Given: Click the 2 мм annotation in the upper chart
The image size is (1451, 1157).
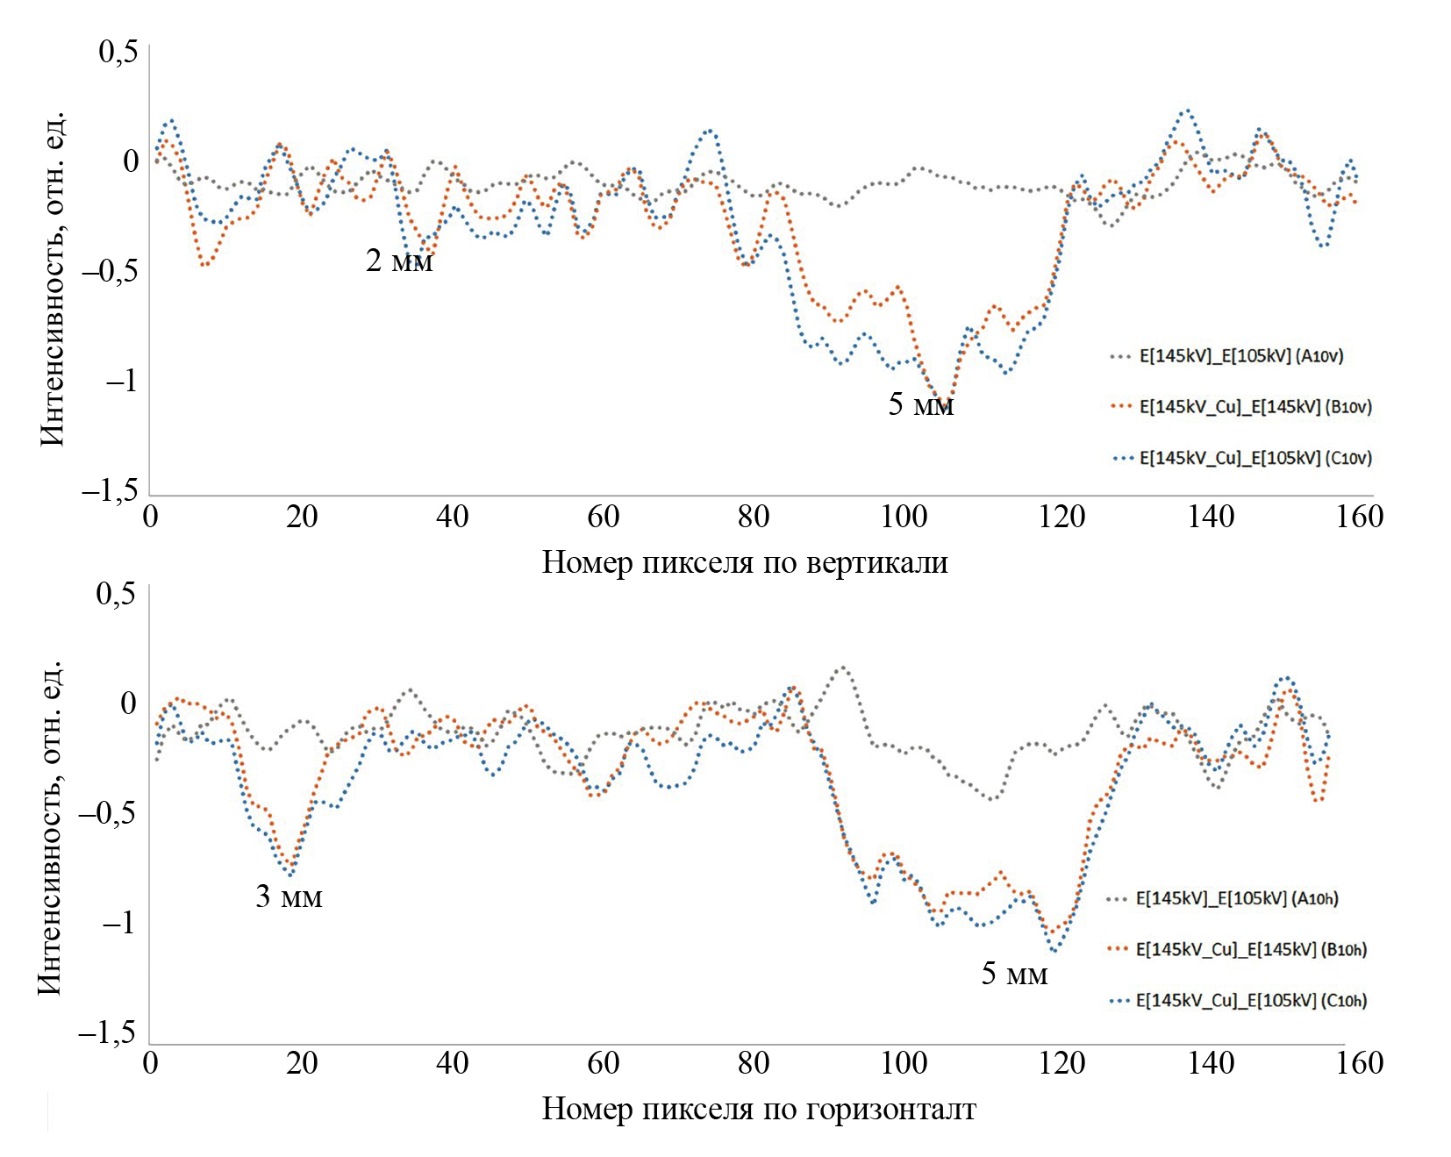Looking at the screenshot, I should click(x=399, y=261).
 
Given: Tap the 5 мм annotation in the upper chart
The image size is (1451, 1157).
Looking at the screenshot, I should click(x=920, y=405).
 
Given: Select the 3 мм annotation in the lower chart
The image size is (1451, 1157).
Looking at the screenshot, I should click(x=289, y=896).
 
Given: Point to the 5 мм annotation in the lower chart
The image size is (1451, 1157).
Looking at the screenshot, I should click(x=1014, y=974).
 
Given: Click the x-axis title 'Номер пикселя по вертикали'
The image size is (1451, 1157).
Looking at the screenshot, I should click(x=745, y=562).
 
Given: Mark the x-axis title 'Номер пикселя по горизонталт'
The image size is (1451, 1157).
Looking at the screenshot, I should click(x=759, y=1110).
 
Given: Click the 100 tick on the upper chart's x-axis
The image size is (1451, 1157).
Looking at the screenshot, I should click(x=904, y=517).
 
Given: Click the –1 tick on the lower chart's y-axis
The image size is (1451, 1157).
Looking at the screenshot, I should click(x=118, y=924).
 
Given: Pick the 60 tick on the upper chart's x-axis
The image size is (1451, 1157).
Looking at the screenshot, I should click(x=603, y=517).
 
